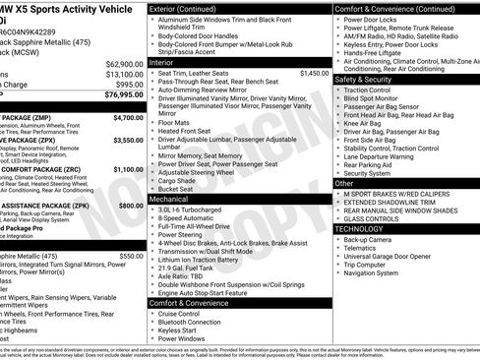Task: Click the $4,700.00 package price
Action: pos(128,117)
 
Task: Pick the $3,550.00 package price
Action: pos(128,140)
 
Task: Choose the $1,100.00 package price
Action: pos(128,169)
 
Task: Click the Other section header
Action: pos(344,183)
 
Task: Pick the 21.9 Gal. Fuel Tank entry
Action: pos(188,269)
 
